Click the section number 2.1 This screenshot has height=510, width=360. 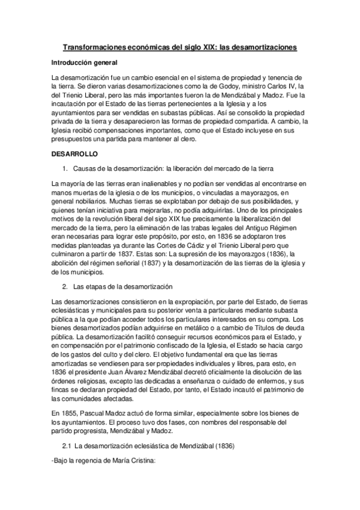pyautogui.click(x=66, y=448)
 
